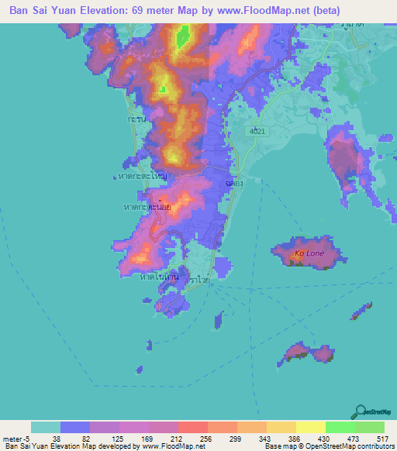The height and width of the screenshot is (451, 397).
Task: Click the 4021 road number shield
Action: click(x=257, y=132)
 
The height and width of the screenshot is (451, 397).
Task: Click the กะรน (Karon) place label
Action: click(x=137, y=121)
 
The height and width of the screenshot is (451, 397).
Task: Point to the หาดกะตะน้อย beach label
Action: click(x=147, y=207)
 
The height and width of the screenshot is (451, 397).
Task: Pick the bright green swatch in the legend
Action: click(x=340, y=427)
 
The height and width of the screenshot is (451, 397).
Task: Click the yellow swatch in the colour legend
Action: click(x=310, y=427)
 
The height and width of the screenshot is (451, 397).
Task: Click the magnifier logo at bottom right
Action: click(x=360, y=411)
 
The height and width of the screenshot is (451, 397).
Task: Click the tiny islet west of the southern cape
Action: click(x=147, y=346)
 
